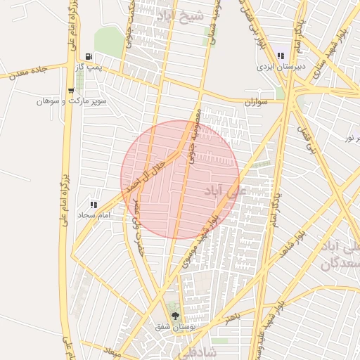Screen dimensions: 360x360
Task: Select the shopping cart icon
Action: pos(71,91)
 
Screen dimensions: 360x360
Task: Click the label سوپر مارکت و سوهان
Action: pos(72,101)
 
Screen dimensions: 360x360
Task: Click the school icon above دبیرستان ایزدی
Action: pos(281,56)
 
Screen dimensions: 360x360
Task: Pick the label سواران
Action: pos(257,103)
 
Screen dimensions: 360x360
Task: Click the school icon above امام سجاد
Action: pos(94,204)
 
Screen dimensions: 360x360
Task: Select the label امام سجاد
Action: pos(96,214)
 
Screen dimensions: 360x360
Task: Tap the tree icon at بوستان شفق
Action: pos(174,316)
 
